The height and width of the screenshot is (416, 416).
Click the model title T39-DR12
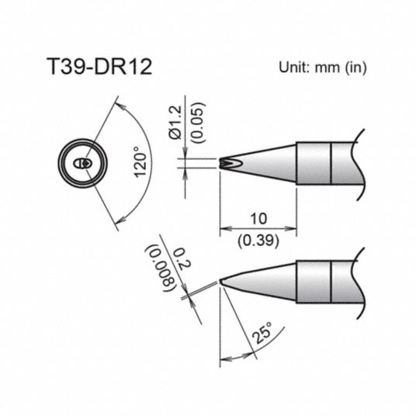[x=99, y=67]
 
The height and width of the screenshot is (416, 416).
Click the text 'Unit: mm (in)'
[x=322, y=68]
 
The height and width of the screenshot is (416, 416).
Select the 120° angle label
[x=140, y=162]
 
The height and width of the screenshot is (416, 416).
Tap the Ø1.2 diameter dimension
[x=175, y=123]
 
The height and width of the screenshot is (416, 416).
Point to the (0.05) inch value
[x=199, y=123]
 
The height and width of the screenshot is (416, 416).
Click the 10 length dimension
[x=258, y=219]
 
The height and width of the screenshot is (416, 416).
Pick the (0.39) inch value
[x=258, y=241]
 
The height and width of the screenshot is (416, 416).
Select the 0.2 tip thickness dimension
[x=182, y=259]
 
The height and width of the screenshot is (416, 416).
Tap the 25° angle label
[x=262, y=333]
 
